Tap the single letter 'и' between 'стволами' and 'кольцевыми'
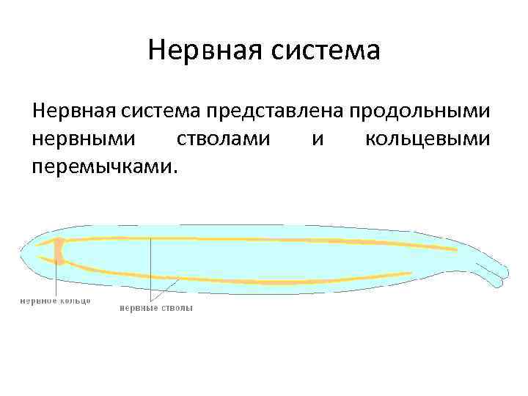(317, 139)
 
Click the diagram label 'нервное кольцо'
(55, 301)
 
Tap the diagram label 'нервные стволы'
(156, 308)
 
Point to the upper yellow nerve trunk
(257, 240)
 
